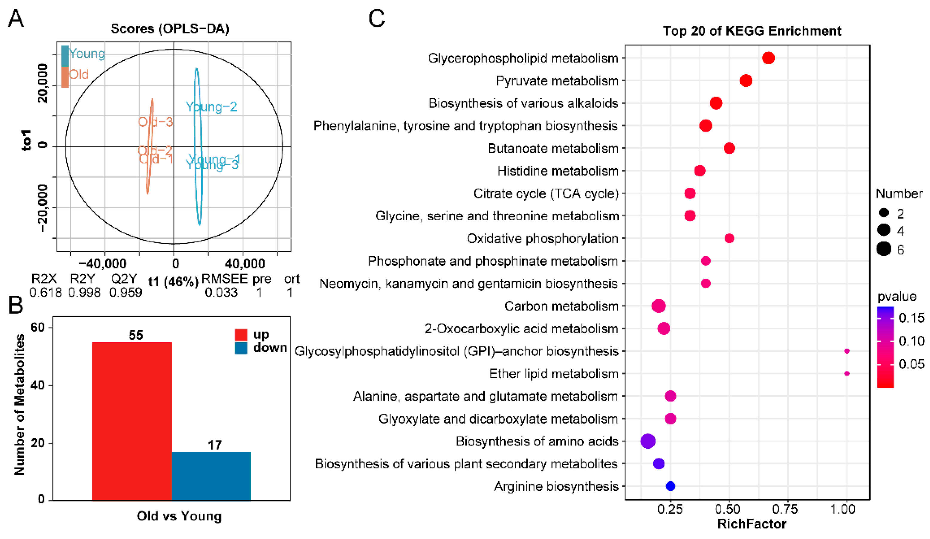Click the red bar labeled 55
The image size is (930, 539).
tap(132, 421)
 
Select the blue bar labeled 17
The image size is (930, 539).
tap(211, 476)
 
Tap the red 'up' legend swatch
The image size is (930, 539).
tap(241, 335)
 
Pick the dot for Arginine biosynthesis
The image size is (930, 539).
tap(670, 486)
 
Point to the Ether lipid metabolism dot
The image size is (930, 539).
tap(847, 374)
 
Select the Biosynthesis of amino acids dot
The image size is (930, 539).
tap(648, 441)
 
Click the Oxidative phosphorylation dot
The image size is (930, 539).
tap(729, 239)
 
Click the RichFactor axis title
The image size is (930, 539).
tap(751, 524)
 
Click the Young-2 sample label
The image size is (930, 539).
tap(211, 107)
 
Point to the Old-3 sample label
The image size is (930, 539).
tap(155, 122)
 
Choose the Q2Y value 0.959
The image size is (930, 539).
tap(126, 292)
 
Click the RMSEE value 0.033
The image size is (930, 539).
tap(221, 292)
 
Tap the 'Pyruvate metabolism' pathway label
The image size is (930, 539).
tap(557, 80)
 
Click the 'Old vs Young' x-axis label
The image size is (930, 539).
tap(179, 516)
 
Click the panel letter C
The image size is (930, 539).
tap(376, 19)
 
